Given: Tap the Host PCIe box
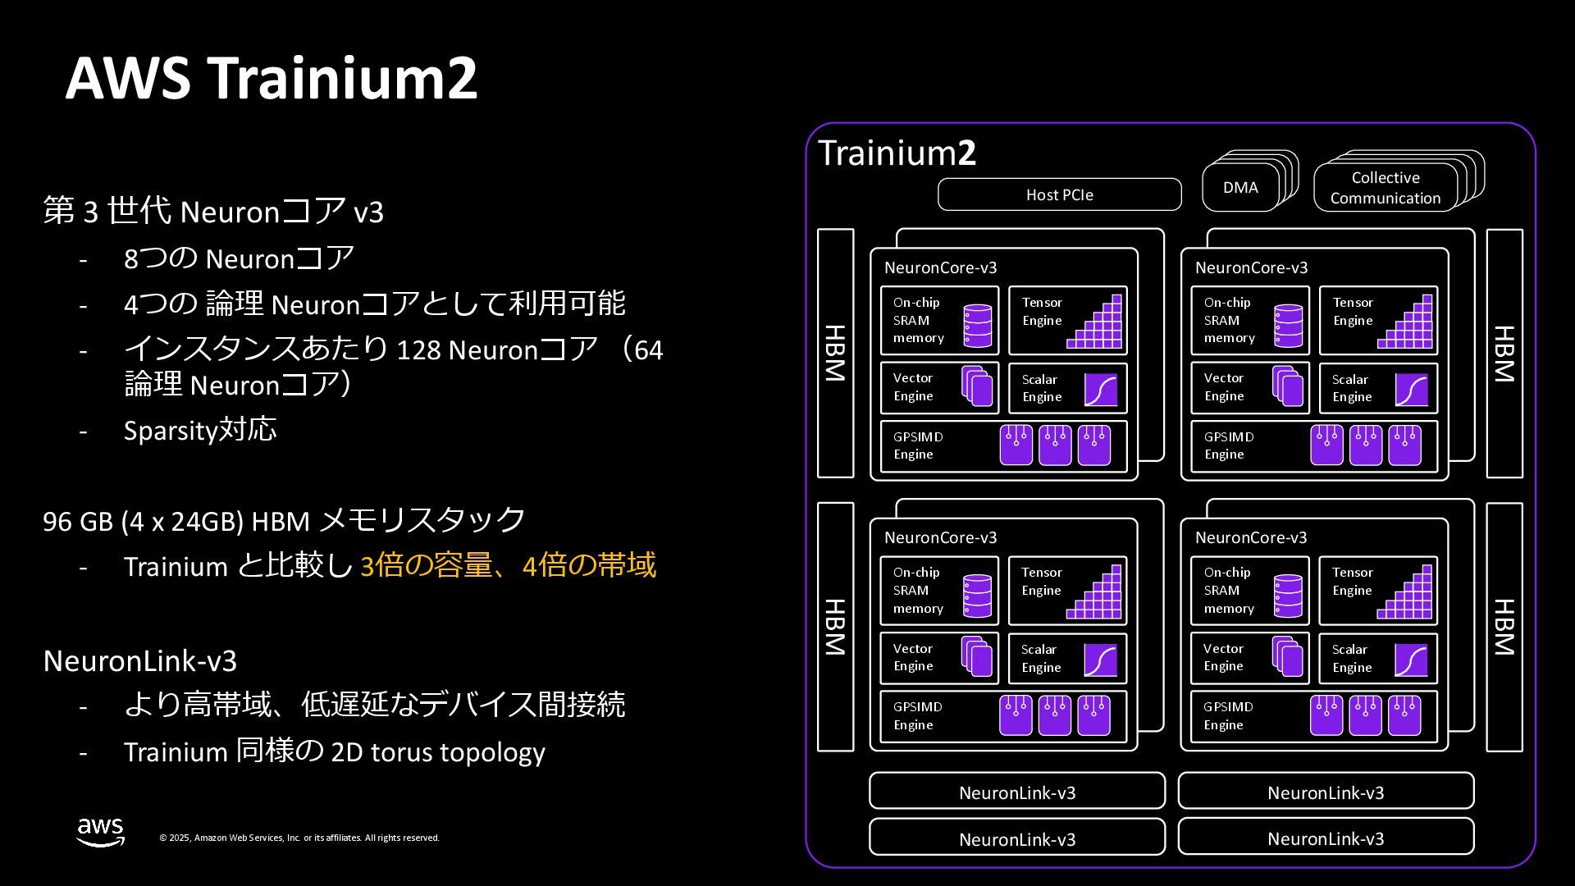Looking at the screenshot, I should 1059,194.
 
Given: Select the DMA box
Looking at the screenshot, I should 1240,188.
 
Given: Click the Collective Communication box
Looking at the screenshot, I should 1385,188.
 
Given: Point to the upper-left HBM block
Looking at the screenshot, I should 835,353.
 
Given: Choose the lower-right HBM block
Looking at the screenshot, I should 1504,627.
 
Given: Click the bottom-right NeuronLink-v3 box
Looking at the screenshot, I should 1326,838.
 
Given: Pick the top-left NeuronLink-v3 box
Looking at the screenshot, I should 1016,792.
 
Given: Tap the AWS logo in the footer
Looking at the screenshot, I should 101,831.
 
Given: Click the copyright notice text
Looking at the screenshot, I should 299,838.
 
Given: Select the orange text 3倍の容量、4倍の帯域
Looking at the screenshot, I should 508,565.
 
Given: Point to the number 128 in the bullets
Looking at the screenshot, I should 418,350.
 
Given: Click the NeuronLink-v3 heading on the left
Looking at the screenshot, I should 139,660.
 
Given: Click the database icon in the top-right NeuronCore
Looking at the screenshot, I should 1289,326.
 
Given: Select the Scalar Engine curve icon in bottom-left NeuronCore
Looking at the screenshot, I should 1100,660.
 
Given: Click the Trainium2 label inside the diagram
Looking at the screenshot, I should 897,153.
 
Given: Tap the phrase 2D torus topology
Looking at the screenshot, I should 437,751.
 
